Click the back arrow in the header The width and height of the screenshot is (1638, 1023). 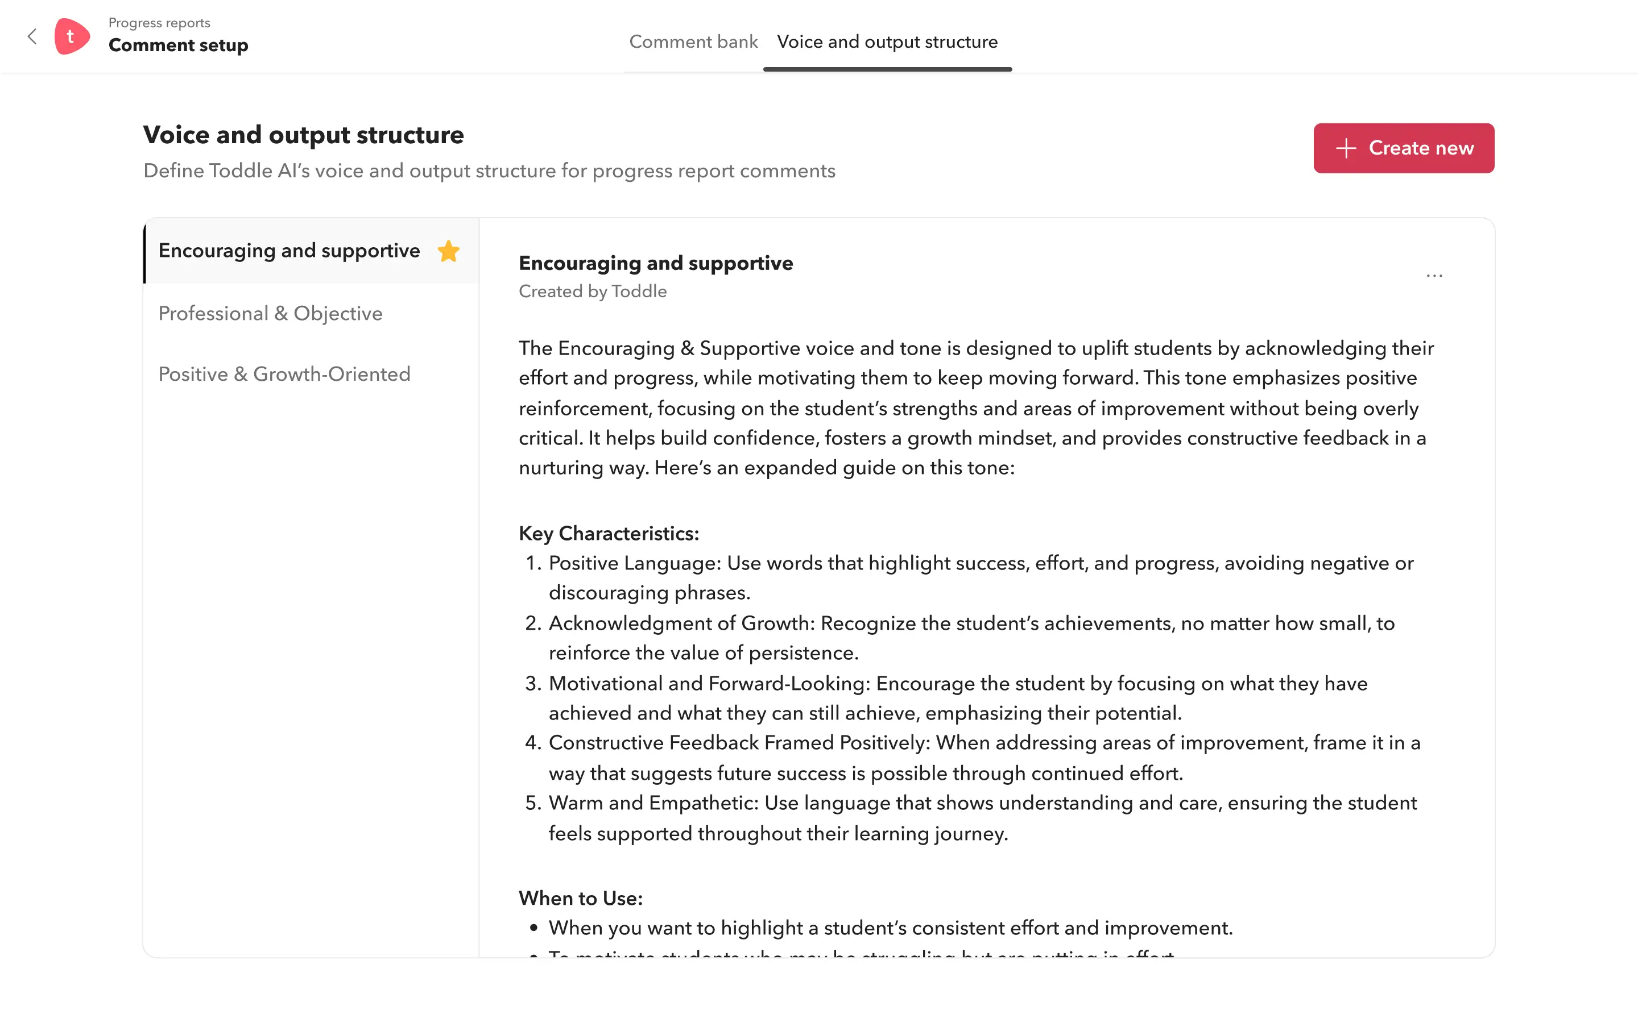tap(32, 36)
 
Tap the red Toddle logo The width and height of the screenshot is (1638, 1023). tap(72, 36)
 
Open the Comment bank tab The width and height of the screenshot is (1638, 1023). tap(693, 42)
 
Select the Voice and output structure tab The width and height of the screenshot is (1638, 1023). tap(887, 42)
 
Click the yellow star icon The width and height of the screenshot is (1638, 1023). tap(448, 251)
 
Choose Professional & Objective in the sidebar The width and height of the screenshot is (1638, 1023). tap(270, 313)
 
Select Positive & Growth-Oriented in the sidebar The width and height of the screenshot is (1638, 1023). tap(284, 374)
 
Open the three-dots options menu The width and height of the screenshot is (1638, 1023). tap(1434, 276)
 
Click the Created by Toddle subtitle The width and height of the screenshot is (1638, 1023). tap(592, 292)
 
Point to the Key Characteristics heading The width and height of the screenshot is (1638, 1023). tap(609, 534)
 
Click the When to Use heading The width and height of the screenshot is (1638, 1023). tap(580, 899)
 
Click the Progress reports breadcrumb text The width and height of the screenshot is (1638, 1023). tap(159, 23)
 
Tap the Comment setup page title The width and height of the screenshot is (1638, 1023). tap(178, 45)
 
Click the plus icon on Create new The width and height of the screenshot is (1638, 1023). tap(1346, 148)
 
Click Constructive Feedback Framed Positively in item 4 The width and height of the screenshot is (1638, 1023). tap(741, 743)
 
